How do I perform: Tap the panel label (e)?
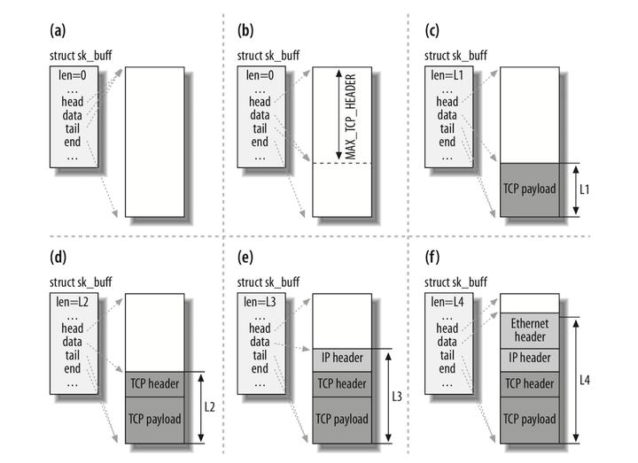pyautogui.click(x=245, y=260)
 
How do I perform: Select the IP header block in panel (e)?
pyautogui.click(x=342, y=359)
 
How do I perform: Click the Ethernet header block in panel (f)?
pyautogui.click(x=530, y=331)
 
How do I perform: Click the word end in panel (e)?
pyautogui.click(x=260, y=367)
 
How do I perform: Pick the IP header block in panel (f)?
pyautogui.click(x=530, y=359)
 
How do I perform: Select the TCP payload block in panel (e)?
pyautogui.click(x=342, y=419)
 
